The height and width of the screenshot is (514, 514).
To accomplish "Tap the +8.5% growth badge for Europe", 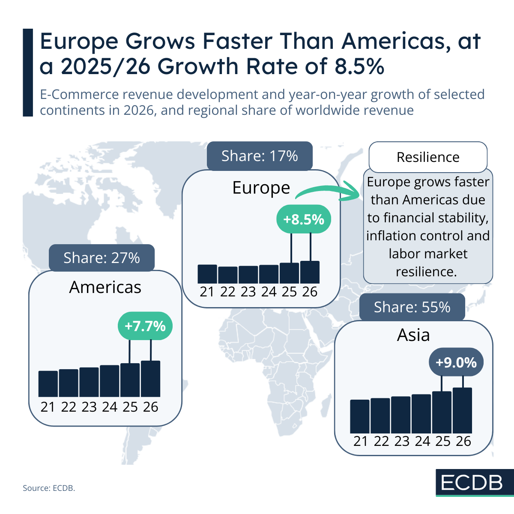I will [x=304, y=219].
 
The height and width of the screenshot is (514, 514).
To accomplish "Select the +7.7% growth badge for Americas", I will [x=145, y=326].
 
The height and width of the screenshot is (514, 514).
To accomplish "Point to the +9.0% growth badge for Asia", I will [x=456, y=362].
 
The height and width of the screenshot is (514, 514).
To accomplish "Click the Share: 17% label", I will [x=260, y=156].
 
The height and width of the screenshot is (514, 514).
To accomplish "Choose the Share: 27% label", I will [x=102, y=258].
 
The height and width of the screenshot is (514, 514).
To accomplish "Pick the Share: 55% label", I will [x=412, y=307].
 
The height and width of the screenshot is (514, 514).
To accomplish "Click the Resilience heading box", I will [x=428, y=157].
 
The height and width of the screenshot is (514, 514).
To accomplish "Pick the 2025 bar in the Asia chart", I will [x=442, y=412].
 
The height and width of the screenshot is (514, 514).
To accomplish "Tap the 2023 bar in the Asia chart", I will [x=401, y=415].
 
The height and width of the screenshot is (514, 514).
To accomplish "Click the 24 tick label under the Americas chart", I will [x=110, y=407].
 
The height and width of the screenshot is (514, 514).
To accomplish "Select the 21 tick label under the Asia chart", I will [x=360, y=441].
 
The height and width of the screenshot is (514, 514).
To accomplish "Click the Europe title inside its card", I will [x=261, y=188].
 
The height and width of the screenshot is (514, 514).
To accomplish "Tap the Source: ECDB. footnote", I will [x=49, y=488].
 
